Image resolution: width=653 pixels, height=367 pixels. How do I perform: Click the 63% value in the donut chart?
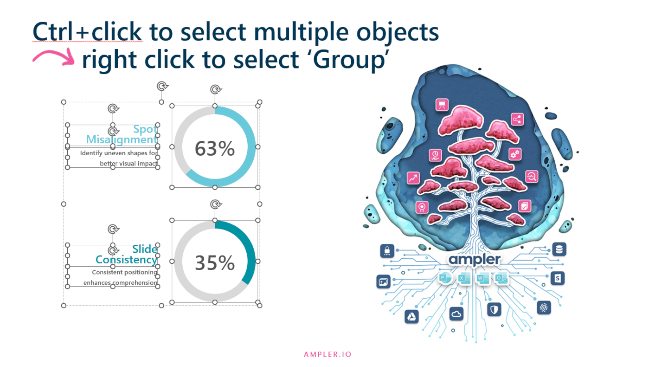[x=215, y=148]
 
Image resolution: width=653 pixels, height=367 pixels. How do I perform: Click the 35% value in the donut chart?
[x=215, y=263]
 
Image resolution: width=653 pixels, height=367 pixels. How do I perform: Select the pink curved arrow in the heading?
[x=54, y=57]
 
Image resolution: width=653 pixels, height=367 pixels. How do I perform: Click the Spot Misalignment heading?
[x=122, y=134]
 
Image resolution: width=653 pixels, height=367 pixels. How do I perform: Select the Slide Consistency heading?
[x=127, y=254]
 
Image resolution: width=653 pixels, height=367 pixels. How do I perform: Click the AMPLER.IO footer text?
[x=328, y=354]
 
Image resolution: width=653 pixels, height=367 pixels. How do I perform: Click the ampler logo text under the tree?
[x=474, y=260]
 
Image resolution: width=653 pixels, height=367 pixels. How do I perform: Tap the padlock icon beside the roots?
[x=387, y=251]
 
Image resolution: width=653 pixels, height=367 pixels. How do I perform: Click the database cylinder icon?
[x=559, y=249]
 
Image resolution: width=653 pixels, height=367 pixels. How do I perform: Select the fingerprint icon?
[x=543, y=308]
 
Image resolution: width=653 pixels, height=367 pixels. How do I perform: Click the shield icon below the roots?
[x=494, y=310]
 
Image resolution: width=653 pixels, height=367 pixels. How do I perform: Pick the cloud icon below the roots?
[x=456, y=314]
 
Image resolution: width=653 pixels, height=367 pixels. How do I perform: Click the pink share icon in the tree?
[x=517, y=119]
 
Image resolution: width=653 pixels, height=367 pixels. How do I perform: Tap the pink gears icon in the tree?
[x=515, y=154]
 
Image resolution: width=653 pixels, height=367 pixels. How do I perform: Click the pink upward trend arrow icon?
[x=413, y=178]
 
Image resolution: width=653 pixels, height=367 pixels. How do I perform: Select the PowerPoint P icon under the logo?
[x=443, y=278]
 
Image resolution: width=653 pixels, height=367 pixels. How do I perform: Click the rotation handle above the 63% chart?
[x=215, y=89]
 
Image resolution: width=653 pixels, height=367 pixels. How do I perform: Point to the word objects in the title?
[x=398, y=32]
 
